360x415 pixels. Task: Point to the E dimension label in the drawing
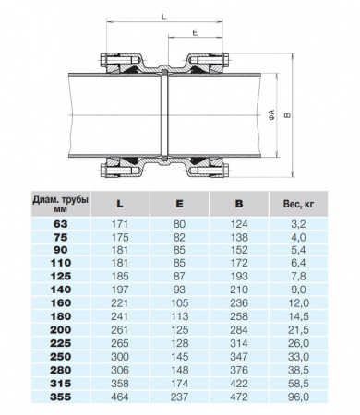coord(196,32)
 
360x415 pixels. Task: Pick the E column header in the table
coord(179,203)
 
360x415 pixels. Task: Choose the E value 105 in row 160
coord(179,302)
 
